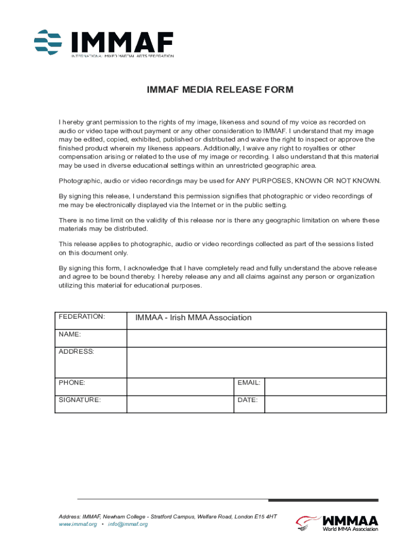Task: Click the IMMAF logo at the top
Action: (x=104, y=43)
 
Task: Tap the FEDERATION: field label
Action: (x=82, y=316)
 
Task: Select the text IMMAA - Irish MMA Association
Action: (x=193, y=318)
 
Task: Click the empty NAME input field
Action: (x=256, y=338)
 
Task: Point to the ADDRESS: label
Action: (x=76, y=352)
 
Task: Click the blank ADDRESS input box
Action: (x=256, y=362)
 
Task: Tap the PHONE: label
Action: (x=72, y=382)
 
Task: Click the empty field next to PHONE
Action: (x=180, y=387)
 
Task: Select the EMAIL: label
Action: (x=249, y=382)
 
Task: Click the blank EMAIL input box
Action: (x=325, y=387)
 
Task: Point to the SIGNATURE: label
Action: (x=80, y=400)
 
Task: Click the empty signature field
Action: (x=180, y=404)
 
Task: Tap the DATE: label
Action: (x=247, y=400)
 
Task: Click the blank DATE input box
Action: (x=325, y=404)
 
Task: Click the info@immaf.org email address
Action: (x=128, y=524)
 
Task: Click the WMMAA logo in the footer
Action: (x=337, y=523)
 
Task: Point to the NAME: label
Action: (x=70, y=334)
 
